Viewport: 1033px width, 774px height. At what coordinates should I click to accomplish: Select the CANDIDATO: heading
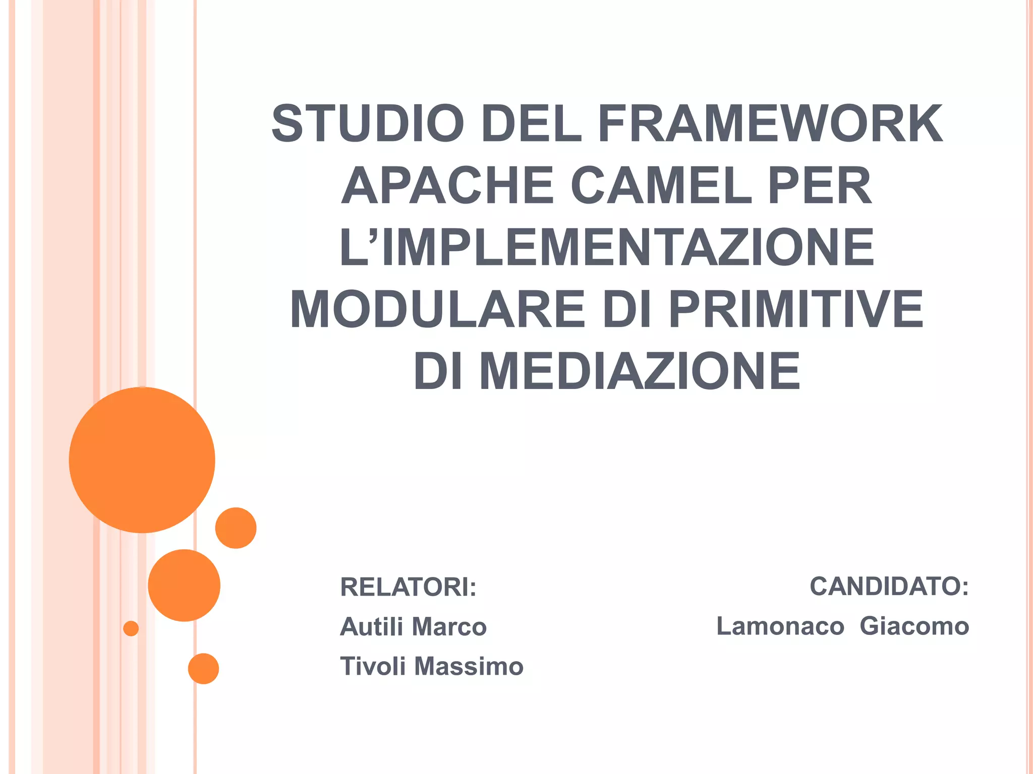click(889, 586)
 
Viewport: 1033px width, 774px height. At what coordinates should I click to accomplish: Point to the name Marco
click(449, 626)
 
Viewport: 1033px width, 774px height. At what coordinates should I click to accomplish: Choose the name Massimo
click(469, 666)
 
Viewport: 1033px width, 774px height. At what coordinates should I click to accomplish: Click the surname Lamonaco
click(780, 626)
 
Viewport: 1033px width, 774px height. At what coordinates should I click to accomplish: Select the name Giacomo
click(914, 626)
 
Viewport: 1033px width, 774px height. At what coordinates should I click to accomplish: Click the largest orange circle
click(142, 460)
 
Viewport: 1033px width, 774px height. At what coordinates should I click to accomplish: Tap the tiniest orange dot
click(131, 628)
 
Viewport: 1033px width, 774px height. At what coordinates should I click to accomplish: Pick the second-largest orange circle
click(184, 585)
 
